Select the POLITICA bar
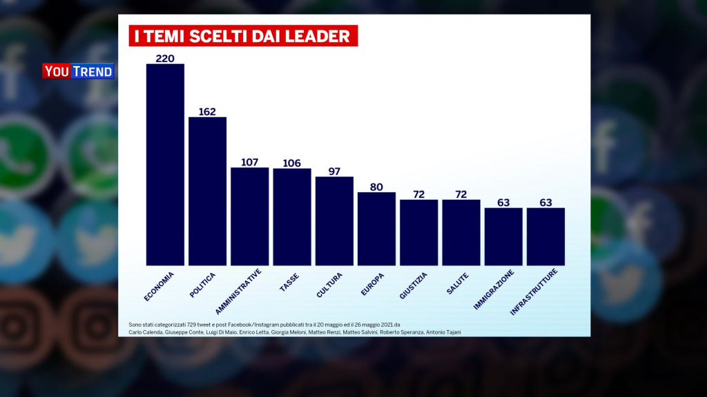(207, 191)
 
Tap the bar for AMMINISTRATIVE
(249, 216)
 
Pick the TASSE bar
(292, 216)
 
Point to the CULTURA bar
(334, 221)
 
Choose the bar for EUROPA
(376, 228)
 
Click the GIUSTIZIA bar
(419, 232)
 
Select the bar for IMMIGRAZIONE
(503, 236)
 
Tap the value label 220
(165, 58)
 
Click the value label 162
(207, 111)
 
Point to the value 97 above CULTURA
(334, 171)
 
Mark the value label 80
(376, 186)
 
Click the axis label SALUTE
(458, 283)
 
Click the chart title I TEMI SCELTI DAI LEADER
(243, 36)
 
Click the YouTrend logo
(78, 71)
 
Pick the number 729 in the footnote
(188, 324)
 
